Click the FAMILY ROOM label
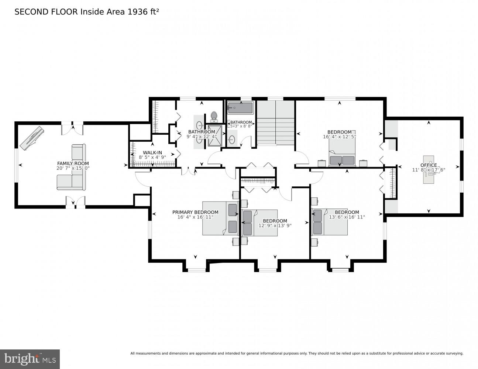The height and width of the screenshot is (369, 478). coord(73,163)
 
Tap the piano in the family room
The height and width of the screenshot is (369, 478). coord(32,138)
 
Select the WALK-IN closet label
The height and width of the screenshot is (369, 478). coord(152,152)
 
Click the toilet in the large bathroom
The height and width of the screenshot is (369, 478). coord(213,117)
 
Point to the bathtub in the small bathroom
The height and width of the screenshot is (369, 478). coord(240,108)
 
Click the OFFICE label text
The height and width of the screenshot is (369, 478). coord(429,165)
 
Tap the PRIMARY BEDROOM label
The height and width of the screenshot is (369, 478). coord(195,212)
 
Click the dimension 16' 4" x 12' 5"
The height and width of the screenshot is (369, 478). coord(339,137)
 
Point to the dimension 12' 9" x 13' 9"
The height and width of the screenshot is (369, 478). coord(275,225)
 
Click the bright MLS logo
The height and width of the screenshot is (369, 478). coord(30,359)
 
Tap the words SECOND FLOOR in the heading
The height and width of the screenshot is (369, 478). coord(46,12)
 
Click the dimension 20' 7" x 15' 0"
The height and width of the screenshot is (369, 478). coord(73,168)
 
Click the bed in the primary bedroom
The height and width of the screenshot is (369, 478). coord(216,218)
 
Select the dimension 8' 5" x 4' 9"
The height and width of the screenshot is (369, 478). coord(152,157)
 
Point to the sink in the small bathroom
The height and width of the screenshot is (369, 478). coord(232,139)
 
